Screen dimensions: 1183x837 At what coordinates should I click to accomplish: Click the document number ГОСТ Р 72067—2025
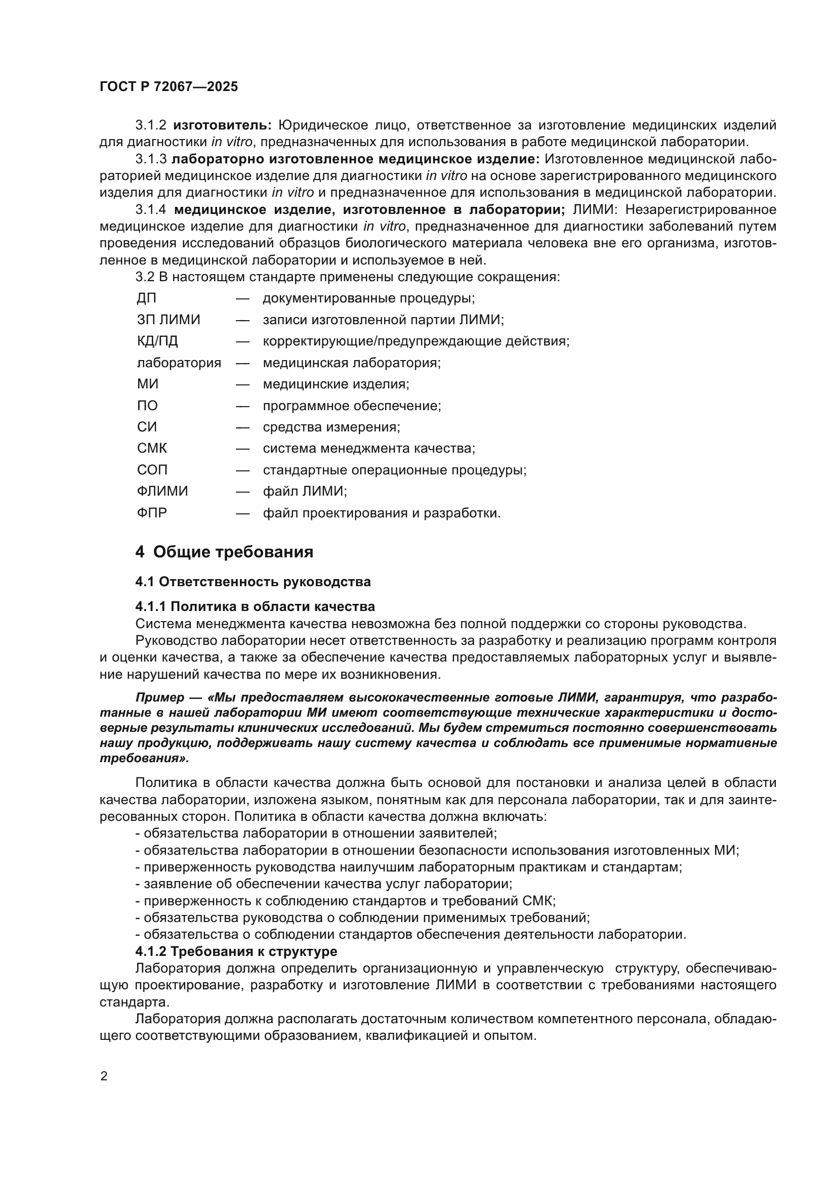[x=169, y=86]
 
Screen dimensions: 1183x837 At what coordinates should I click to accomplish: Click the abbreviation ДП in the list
[x=147, y=298]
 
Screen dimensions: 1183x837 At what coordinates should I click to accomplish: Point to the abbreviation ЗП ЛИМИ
[x=169, y=320]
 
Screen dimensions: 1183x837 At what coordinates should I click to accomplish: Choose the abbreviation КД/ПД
[x=157, y=341]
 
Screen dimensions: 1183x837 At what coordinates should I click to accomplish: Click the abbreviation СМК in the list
[x=152, y=448]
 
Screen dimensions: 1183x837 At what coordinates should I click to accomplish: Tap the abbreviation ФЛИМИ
[x=162, y=491]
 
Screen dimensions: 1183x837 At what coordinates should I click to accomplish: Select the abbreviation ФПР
[x=152, y=513]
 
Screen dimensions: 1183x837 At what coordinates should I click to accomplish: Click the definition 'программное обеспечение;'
[x=352, y=406]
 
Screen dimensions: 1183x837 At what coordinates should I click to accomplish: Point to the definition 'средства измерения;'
[x=331, y=427]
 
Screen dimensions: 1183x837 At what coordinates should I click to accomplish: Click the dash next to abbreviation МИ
[x=243, y=384]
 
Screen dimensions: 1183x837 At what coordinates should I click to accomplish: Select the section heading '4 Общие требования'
[x=224, y=552]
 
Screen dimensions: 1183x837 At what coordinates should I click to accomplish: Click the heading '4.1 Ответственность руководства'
[x=253, y=582]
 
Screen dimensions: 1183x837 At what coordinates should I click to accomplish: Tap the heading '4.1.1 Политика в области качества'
[x=255, y=606]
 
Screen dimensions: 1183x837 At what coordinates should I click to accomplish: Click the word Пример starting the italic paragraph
[x=160, y=697]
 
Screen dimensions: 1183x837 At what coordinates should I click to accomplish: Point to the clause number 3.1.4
[x=150, y=210]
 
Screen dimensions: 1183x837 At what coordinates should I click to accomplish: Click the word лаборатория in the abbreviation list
[x=179, y=363]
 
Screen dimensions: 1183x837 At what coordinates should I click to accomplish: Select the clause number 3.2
[x=145, y=277]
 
